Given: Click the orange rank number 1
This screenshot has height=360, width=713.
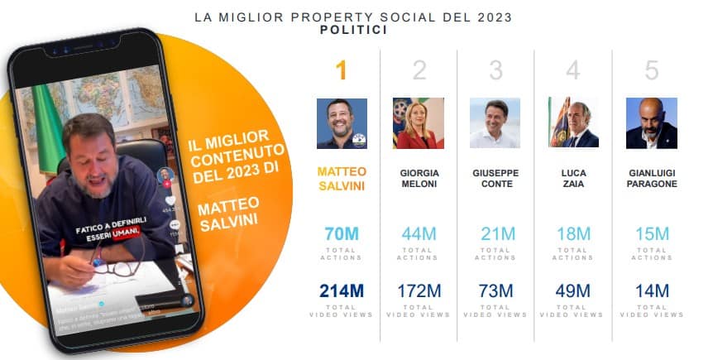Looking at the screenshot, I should click(341, 71).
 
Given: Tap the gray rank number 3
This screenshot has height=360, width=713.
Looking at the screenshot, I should click(495, 71).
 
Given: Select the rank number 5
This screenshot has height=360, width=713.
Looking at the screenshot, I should click(652, 71).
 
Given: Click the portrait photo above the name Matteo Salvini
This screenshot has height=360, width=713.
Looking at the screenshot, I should click(342, 123).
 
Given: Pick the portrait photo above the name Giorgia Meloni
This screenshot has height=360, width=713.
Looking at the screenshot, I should click(419, 123).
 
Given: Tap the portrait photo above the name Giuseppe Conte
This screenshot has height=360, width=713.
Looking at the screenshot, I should click(495, 123).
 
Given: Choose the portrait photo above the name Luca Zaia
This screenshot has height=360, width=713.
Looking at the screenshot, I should click(573, 123).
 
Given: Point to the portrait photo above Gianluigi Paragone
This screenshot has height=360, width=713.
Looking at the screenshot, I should click(651, 123).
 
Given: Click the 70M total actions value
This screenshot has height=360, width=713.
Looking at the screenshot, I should click(342, 234).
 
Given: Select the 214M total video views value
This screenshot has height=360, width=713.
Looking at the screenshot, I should click(342, 291).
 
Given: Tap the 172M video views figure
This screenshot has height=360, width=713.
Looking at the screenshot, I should click(419, 291).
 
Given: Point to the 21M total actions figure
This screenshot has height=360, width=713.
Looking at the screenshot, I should click(496, 234).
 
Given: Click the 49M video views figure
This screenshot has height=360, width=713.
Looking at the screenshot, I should click(573, 291).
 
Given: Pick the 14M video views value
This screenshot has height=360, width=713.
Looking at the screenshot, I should click(652, 291).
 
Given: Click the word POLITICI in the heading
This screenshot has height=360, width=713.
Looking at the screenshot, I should click(353, 30).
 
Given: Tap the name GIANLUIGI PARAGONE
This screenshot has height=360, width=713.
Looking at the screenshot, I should click(652, 178).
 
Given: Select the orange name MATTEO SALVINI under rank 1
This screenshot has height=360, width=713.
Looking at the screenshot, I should click(342, 178).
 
